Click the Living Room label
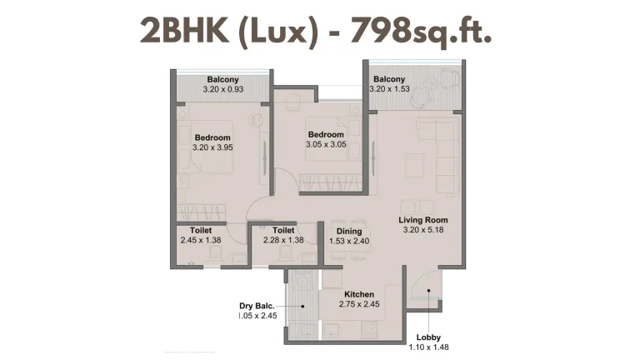427,220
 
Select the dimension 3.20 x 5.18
427,230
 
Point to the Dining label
347,232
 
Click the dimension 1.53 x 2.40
347,242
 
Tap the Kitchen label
360,295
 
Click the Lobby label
429,327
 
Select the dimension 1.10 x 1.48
429,339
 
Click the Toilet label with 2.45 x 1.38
201,230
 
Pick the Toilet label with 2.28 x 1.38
284,230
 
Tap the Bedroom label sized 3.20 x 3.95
212,137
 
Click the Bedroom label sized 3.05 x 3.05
325,134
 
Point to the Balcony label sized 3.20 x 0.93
223,79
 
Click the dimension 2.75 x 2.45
360,306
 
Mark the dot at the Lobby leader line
429,291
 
